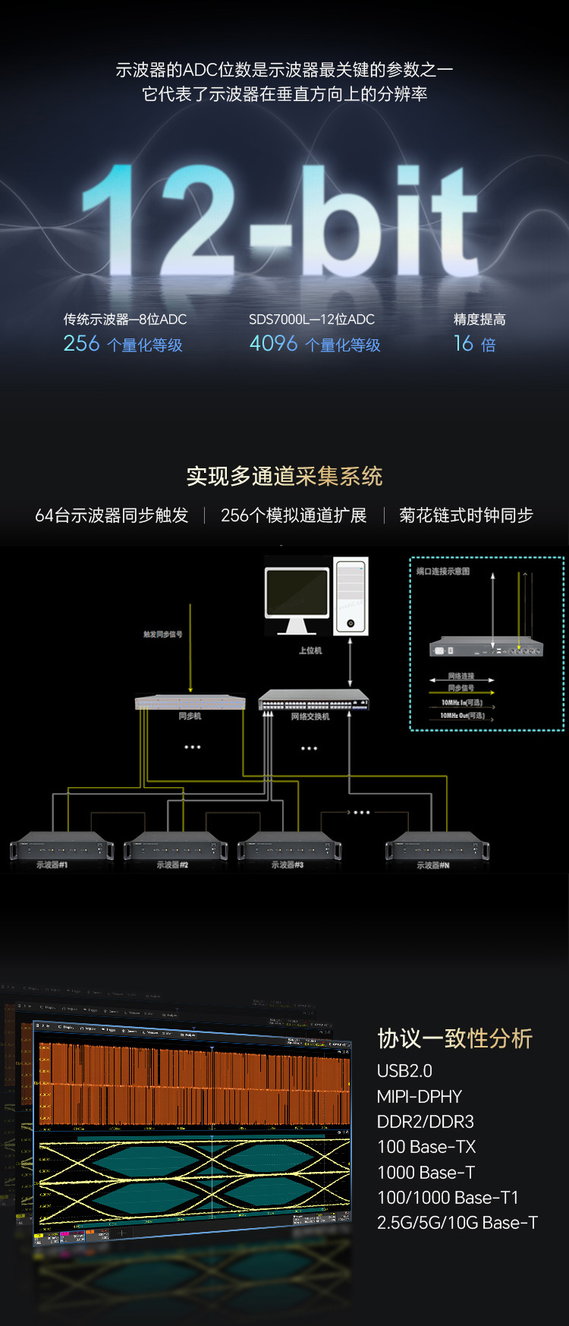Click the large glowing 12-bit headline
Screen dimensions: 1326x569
point(281,220)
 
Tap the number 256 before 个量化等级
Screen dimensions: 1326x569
point(81,344)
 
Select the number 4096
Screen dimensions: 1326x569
point(273,344)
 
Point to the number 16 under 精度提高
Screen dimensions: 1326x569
point(464,344)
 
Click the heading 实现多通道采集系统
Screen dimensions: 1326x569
point(284,476)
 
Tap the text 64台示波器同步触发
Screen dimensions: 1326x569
point(112,515)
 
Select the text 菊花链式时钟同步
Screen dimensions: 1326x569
point(466,515)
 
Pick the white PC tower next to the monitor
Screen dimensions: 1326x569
point(351,597)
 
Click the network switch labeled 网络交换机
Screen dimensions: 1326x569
point(313,701)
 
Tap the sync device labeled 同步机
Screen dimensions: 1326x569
point(190,701)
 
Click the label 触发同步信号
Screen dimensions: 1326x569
point(163,634)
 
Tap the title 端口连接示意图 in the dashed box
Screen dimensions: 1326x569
point(443,572)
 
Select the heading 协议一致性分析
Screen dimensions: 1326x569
point(455,1038)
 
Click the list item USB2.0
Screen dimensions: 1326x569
point(404,1071)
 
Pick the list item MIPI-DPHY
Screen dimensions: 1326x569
point(420,1097)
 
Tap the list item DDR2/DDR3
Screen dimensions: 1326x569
point(425,1122)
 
